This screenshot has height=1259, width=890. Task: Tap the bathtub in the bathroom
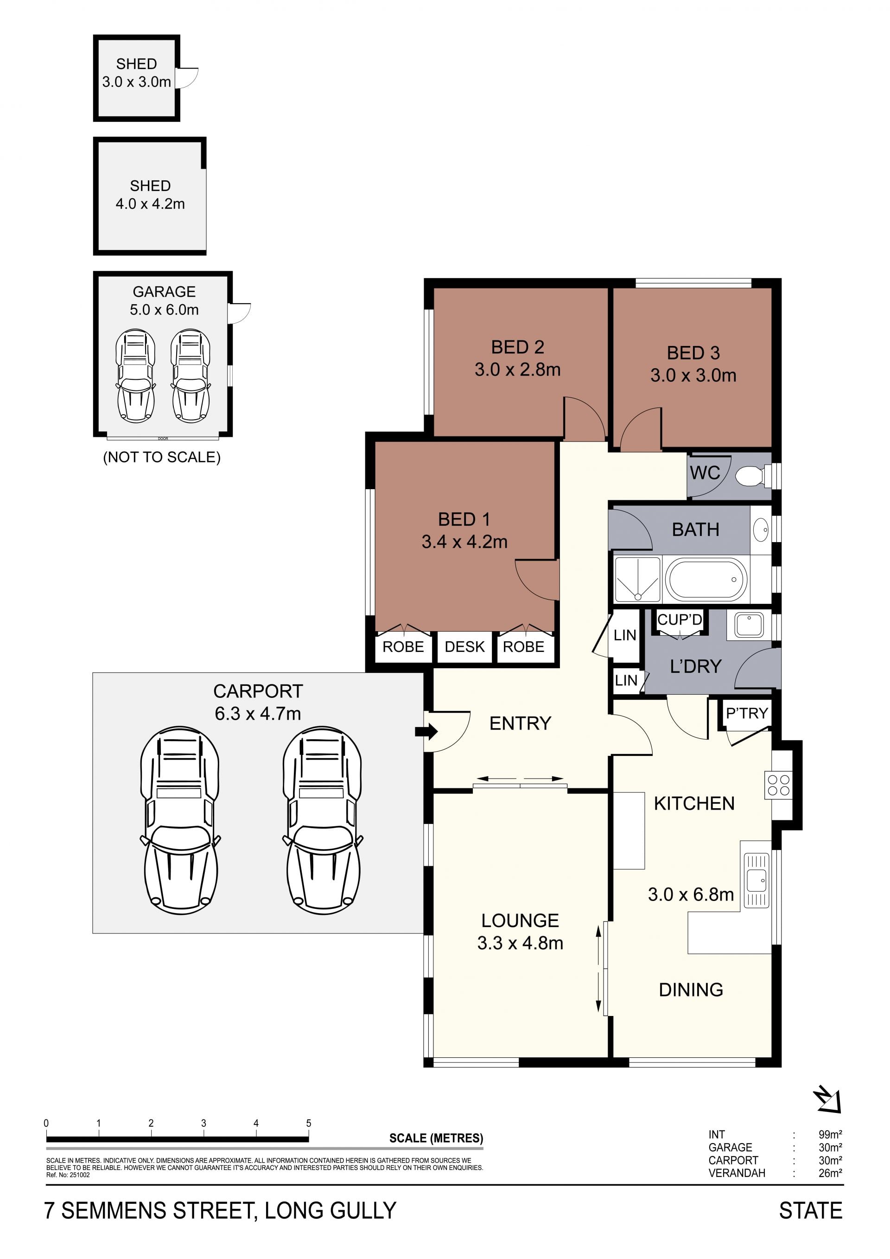pos(706,579)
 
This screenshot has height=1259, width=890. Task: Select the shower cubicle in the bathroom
pos(637,579)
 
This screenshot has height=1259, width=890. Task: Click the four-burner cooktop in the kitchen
pos(779,785)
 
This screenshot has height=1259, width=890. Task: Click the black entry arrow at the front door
pos(426,731)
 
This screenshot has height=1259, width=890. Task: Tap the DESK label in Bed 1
pos(465,647)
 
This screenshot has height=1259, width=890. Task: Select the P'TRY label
pos(747,713)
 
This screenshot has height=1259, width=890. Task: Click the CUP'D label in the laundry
pos(680,620)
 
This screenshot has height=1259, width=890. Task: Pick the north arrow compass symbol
pos(827,1099)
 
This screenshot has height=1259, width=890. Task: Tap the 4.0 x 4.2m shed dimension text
pos(150,204)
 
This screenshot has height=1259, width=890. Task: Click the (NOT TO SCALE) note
pos(162,457)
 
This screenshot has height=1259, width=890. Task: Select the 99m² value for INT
pos(830,1135)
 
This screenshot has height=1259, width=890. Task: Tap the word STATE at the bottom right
pos(811,1211)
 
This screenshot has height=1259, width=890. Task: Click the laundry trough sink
pos(749,625)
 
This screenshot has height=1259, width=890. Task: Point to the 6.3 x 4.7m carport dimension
pos(258,713)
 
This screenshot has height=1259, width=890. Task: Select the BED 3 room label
pos(693,352)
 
